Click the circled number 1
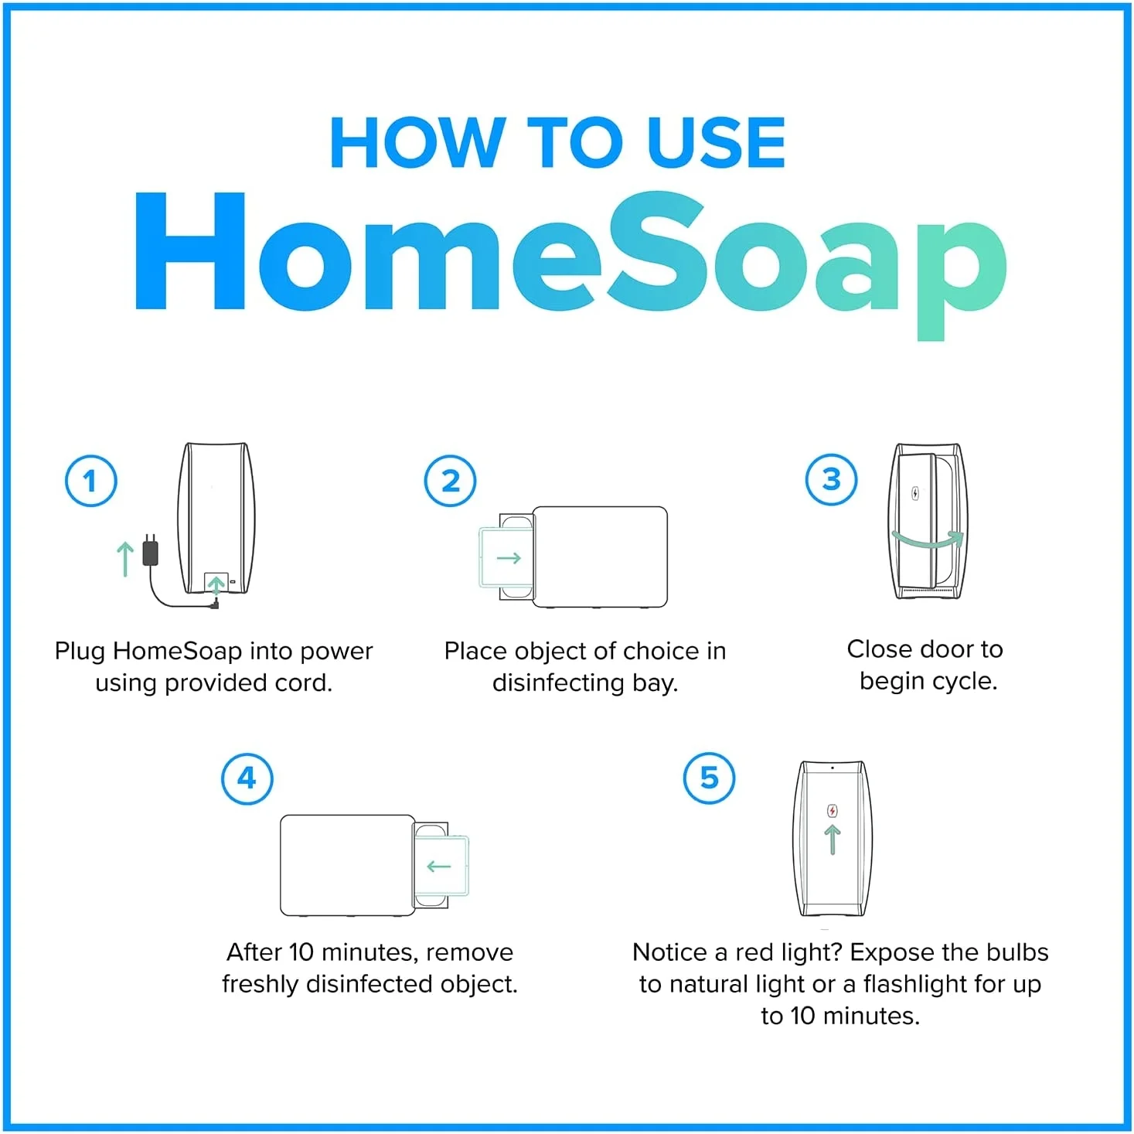91,481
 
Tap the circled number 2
451,481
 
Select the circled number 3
831,479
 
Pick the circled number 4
247,778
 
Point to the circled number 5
709,778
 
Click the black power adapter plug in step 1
151,550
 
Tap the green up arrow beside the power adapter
124,558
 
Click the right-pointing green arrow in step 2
509,558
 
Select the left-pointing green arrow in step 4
439,866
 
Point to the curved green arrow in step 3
928,540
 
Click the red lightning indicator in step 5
833,811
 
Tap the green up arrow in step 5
833,839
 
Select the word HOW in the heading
415,143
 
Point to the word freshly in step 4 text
261,984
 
